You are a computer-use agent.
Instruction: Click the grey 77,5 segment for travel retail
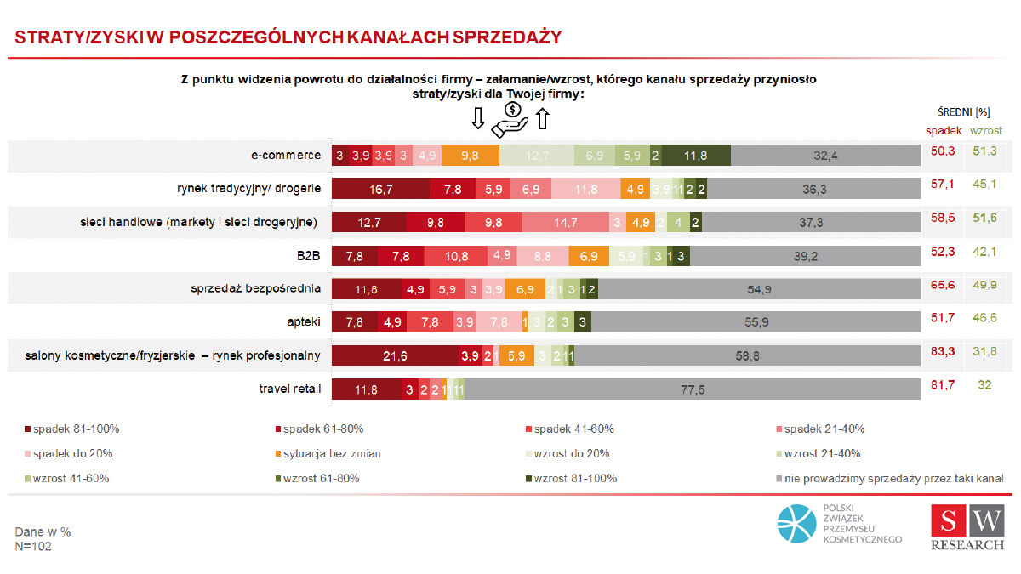(693, 389)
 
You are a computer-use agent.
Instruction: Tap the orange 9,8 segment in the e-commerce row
(470, 156)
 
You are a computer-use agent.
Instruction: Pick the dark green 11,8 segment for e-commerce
(696, 156)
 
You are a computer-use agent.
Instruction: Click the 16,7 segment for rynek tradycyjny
(380, 189)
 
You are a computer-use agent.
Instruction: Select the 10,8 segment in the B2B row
(456, 256)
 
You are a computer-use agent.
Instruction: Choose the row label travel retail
(290, 389)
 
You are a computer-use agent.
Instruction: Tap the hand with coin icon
(510, 119)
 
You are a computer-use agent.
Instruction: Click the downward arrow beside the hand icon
(477, 119)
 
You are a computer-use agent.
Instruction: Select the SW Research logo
(967, 527)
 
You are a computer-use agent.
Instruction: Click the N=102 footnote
(33, 547)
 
